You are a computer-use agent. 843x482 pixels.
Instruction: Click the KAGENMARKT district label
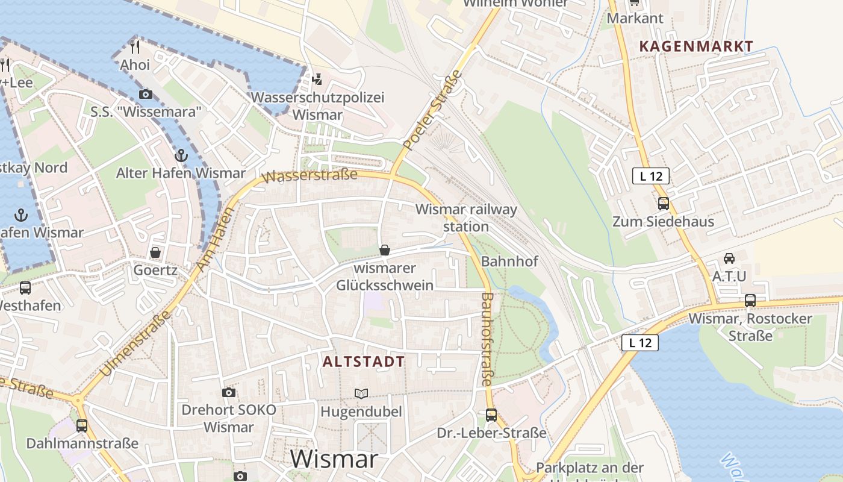coord(696,46)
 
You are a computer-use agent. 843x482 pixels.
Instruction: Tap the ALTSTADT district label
coord(364,361)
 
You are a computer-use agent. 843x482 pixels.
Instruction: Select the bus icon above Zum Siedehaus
coord(663,204)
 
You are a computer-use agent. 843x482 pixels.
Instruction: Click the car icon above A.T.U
coord(729,258)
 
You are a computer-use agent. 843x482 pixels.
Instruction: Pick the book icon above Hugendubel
coord(361,393)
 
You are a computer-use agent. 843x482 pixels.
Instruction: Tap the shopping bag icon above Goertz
coord(155,252)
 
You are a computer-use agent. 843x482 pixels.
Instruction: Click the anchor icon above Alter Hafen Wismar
coord(181,155)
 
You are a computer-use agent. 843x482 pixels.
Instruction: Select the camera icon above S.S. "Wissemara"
coord(145,94)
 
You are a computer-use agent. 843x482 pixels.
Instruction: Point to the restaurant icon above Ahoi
coord(135,47)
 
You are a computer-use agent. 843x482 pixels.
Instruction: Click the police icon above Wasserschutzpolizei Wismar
coord(317,79)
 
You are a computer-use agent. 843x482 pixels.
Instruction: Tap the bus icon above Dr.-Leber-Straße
coord(491,415)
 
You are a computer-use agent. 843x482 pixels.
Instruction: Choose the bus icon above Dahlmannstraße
coord(81,425)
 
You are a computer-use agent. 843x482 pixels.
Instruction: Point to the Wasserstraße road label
coord(311,176)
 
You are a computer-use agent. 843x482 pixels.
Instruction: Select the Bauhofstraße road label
coord(487,339)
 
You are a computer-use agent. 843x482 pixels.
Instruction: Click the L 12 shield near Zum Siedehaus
coord(651,176)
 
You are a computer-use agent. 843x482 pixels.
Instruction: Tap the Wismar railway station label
coord(466,218)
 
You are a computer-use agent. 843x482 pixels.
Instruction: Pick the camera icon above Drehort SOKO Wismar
coord(229,393)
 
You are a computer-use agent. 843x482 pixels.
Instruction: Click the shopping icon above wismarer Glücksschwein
coord(385,250)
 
